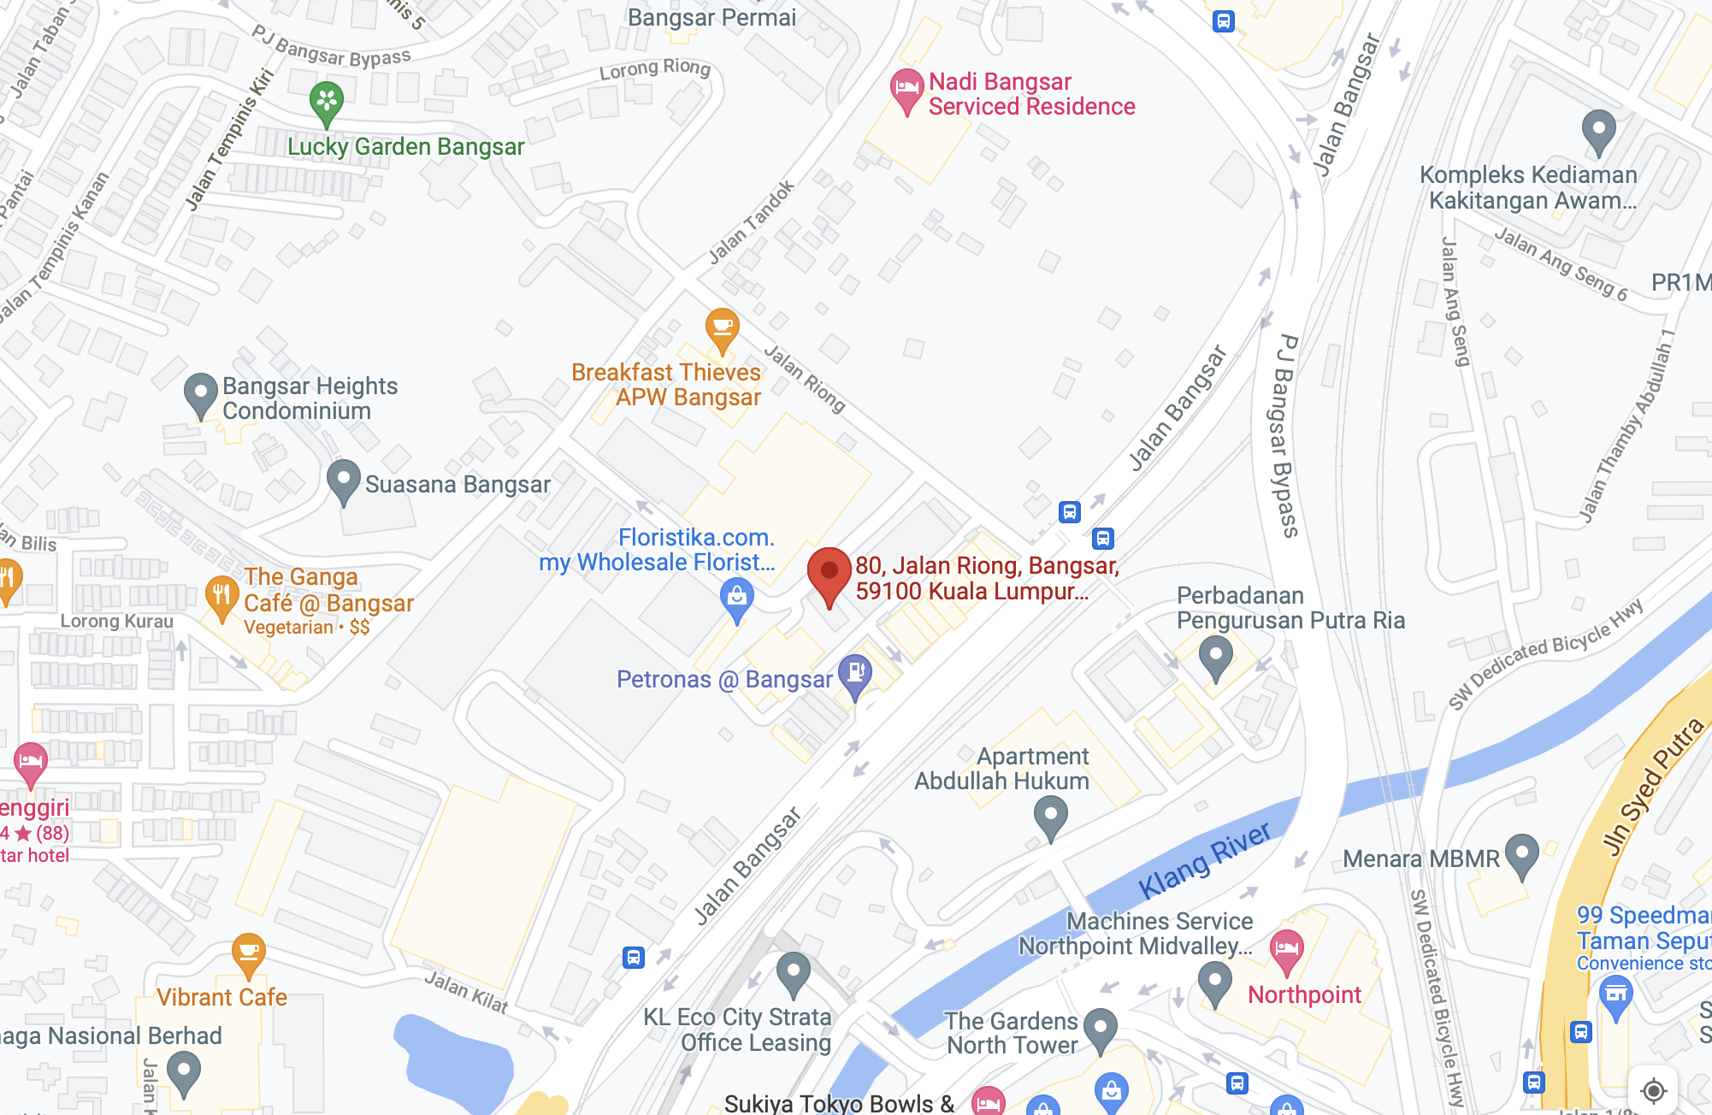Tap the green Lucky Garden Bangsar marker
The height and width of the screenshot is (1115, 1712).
(x=327, y=102)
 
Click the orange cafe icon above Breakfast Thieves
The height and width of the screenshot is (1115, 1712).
(x=722, y=329)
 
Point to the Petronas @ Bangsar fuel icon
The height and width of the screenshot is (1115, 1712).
(x=854, y=675)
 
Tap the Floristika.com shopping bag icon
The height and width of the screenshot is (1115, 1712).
(x=736, y=598)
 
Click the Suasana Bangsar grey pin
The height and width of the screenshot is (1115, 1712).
(x=343, y=481)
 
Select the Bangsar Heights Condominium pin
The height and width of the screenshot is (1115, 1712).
(x=200, y=394)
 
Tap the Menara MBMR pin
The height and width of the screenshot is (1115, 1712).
(x=1521, y=854)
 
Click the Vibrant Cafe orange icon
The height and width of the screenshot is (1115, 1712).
(x=248, y=953)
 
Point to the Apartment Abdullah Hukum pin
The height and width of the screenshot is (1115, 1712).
(x=1050, y=816)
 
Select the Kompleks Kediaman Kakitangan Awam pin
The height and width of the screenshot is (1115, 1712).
(x=1597, y=131)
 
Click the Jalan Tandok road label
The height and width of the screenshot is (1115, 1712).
(x=752, y=222)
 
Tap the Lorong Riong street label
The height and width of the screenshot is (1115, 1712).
(x=654, y=69)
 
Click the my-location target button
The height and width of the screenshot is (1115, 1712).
(x=1653, y=1090)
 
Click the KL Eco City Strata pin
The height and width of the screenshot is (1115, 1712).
(x=793, y=972)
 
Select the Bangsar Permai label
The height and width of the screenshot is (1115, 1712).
(x=711, y=17)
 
